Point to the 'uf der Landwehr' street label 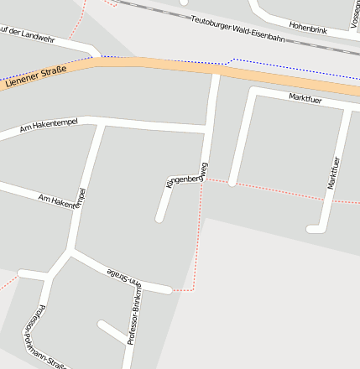tap(27, 34)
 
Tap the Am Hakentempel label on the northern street tap(48, 127)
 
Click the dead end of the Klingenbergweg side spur tap(159, 219)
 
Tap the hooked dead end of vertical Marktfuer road tap(311, 228)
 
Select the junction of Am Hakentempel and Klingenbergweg tap(206, 132)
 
